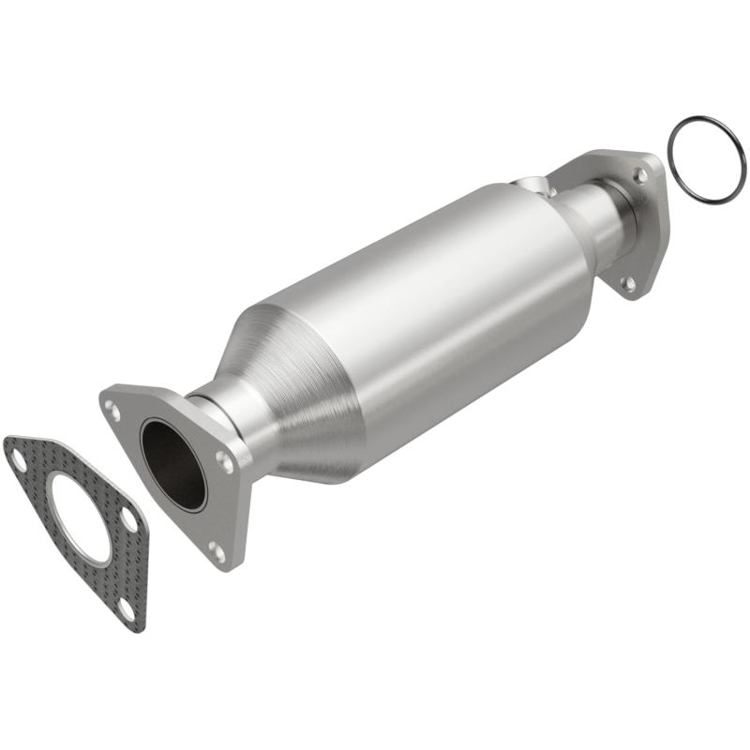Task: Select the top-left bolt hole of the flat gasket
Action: click(x=18, y=457)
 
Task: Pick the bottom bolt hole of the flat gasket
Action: click(x=126, y=609)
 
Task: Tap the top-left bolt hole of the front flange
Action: click(x=112, y=409)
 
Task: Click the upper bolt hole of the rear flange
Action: click(x=640, y=174)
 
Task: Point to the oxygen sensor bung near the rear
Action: click(x=532, y=183)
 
